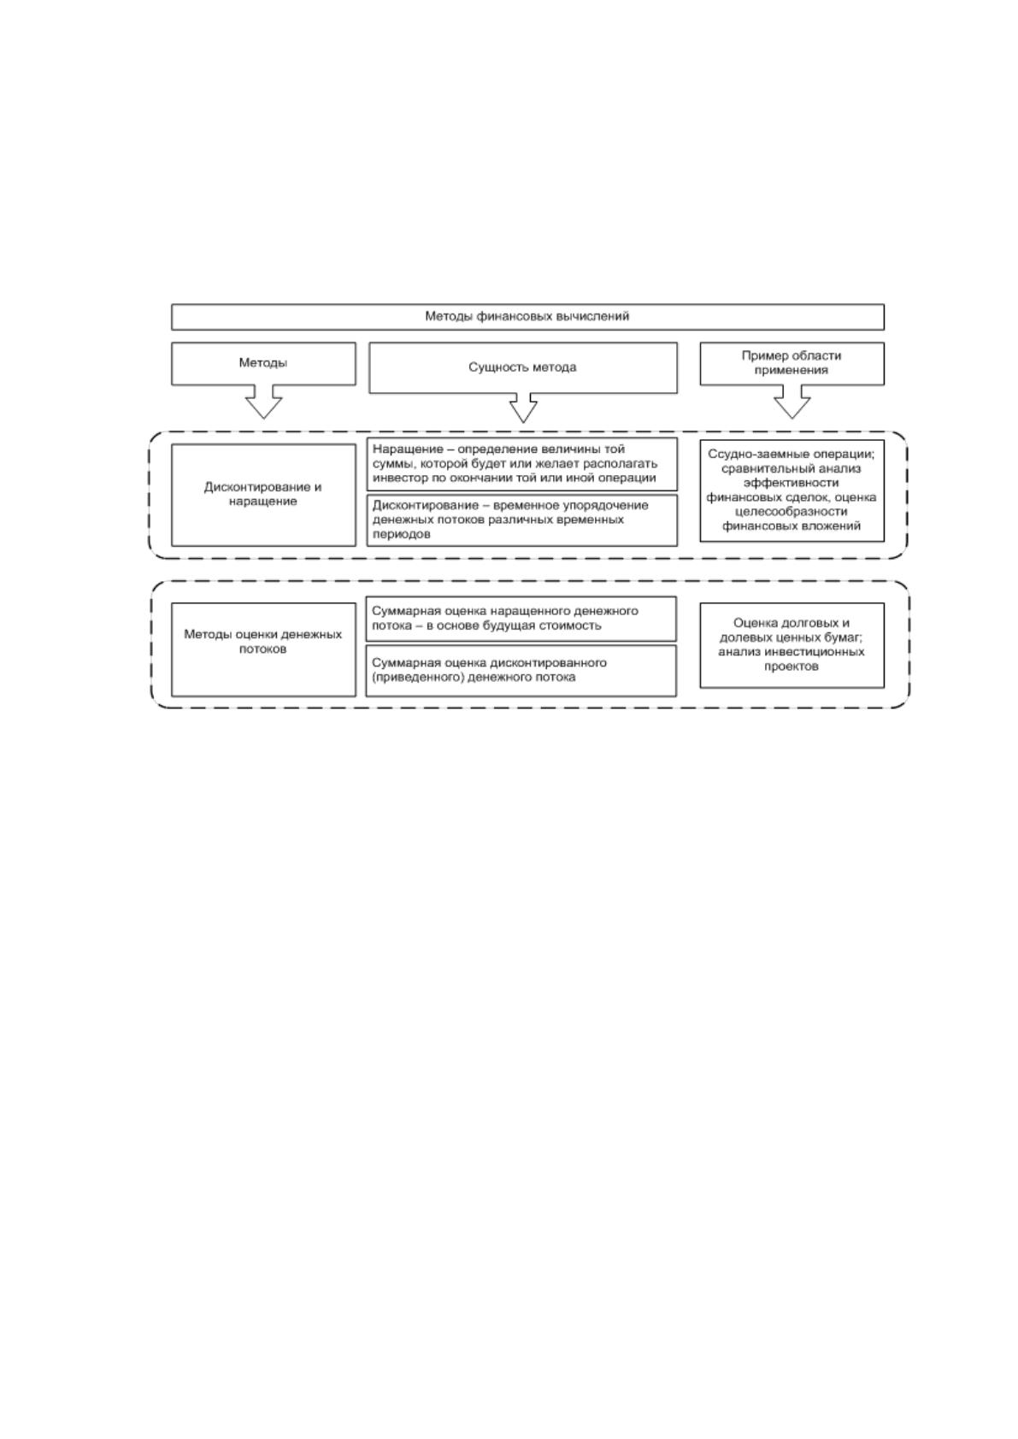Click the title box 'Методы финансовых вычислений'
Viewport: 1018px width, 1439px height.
click(527, 317)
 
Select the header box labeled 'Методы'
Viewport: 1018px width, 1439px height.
click(263, 364)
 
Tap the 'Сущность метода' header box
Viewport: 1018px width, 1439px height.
click(522, 367)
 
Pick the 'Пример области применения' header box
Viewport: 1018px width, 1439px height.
click(791, 364)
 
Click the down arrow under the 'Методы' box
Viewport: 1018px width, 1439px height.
click(263, 402)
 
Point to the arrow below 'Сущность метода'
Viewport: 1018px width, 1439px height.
click(523, 408)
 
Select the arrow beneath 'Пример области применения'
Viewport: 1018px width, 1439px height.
click(791, 402)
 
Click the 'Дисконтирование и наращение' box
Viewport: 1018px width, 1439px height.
click(263, 495)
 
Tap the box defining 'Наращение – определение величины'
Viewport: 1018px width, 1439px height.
click(522, 464)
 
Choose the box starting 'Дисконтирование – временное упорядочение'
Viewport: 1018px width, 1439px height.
click(522, 520)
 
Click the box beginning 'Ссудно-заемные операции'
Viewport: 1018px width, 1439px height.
click(791, 490)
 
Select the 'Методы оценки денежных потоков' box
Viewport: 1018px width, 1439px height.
click(263, 649)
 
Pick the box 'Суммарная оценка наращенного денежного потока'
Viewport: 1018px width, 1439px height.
click(521, 619)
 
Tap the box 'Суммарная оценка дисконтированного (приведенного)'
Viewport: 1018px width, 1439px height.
click(521, 671)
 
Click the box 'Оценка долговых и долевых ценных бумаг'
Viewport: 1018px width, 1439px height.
click(791, 645)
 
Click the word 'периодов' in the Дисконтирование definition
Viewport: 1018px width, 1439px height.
click(401, 534)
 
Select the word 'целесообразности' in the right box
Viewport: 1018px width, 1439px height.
click(791, 512)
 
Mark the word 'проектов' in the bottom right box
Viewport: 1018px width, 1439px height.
click(791, 667)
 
